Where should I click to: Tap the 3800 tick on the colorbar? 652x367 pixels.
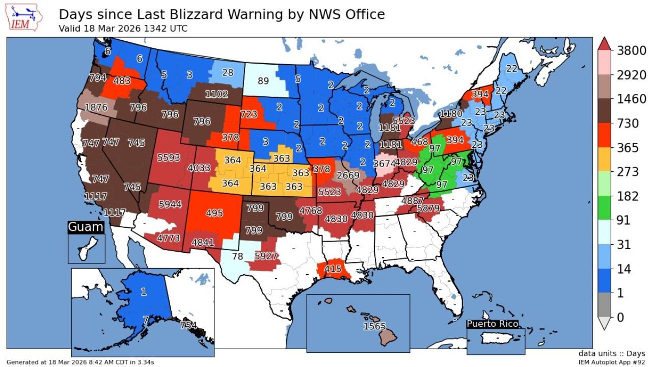click(x=624, y=51)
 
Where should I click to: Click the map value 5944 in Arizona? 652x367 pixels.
click(x=170, y=204)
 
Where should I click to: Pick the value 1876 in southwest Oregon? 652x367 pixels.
click(x=96, y=108)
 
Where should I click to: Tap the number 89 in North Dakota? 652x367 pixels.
click(x=263, y=81)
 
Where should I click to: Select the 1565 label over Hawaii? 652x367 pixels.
click(x=374, y=326)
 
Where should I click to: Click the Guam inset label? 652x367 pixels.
click(x=86, y=227)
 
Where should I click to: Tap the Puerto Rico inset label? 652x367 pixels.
click(x=493, y=324)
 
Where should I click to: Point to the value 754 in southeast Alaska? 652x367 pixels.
click(x=188, y=325)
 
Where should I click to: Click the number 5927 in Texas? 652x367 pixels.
click(x=265, y=255)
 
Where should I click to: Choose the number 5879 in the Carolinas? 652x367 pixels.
click(x=427, y=208)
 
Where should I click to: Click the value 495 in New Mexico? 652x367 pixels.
click(x=214, y=213)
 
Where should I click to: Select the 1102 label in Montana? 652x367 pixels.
click(x=216, y=94)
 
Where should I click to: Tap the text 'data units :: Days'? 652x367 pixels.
click(x=611, y=353)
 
